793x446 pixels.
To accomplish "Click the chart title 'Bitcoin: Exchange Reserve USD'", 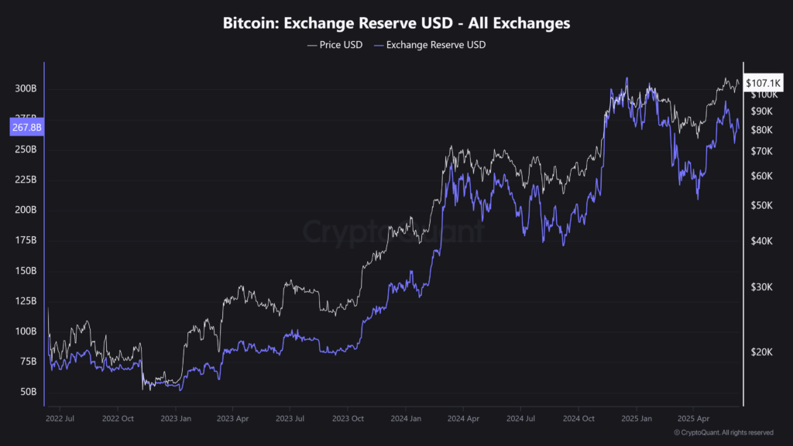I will point(396,23).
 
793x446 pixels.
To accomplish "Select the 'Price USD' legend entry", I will point(335,45).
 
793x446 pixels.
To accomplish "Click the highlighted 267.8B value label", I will point(26,128).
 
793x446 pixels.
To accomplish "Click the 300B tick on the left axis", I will point(26,89).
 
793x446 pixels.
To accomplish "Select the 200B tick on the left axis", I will point(26,210).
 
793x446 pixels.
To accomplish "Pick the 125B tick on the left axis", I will point(26,300).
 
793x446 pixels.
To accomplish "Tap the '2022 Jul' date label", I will point(60,418).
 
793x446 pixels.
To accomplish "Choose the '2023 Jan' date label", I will point(175,418).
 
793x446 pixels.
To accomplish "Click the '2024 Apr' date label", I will point(462,418).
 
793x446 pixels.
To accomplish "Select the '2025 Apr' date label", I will point(693,418).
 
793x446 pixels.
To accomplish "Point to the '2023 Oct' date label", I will point(348,418).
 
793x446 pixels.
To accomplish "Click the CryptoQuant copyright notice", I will point(723,432).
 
